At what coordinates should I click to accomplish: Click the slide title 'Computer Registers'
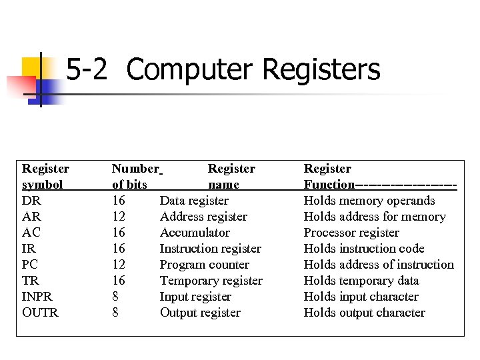(x=253, y=70)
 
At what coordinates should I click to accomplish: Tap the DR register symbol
(x=31, y=201)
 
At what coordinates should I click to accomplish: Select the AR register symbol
(x=31, y=217)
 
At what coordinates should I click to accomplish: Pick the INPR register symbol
(x=37, y=297)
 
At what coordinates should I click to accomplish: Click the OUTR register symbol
(x=40, y=313)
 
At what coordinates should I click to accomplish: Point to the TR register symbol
(x=31, y=281)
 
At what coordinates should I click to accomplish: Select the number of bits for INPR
(x=115, y=297)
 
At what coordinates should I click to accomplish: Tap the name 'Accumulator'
(x=195, y=233)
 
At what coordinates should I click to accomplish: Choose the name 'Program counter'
(x=204, y=265)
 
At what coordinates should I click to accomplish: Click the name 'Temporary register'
(x=211, y=281)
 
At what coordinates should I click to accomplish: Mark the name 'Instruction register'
(x=210, y=249)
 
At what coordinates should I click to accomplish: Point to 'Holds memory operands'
(x=369, y=201)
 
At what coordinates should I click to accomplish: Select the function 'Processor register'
(x=351, y=233)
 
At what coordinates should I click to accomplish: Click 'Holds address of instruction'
(x=378, y=265)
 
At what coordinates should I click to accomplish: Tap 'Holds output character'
(x=364, y=313)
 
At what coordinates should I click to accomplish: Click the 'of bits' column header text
(x=129, y=185)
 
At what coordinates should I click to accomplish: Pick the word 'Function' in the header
(x=329, y=185)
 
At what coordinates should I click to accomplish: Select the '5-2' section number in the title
(x=87, y=70)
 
